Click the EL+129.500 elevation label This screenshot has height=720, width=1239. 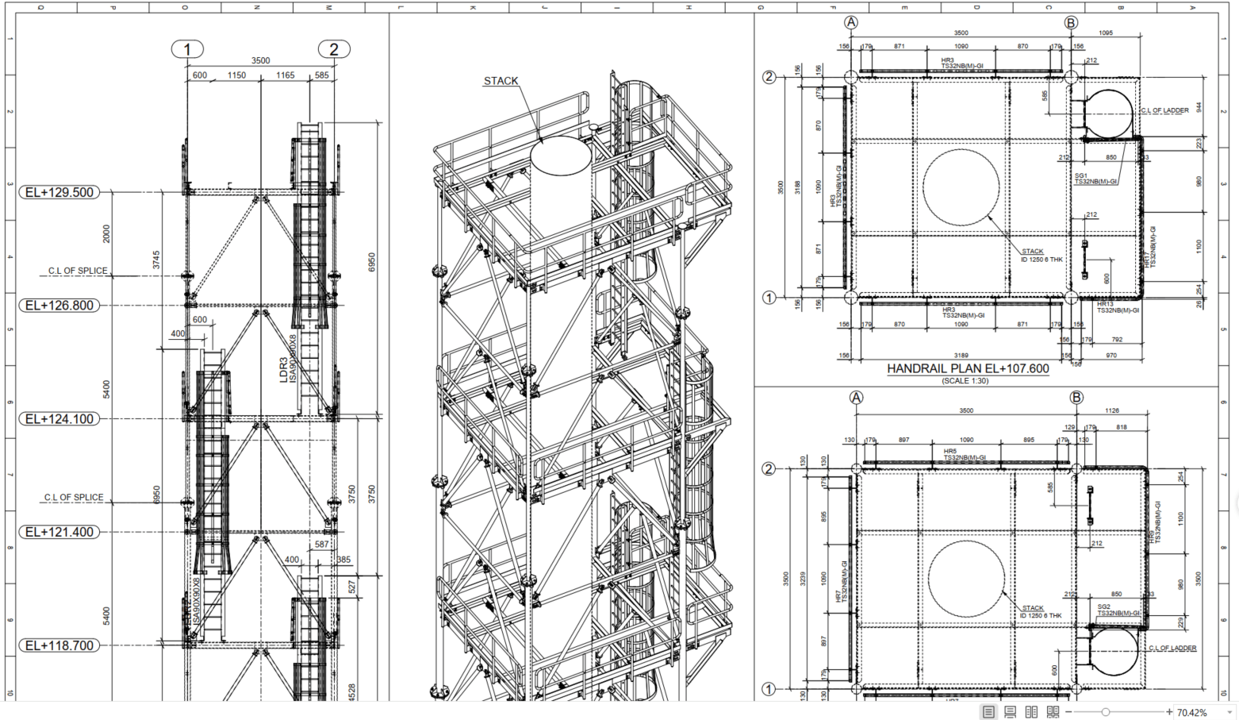pos(59,192)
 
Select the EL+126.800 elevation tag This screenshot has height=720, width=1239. pos(59,306)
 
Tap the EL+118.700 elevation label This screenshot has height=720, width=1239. pos(59,645)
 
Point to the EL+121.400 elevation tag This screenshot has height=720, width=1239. pos(59,532)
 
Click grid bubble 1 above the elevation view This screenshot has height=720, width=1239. pos(187,49)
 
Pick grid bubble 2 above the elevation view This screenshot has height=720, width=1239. pos(334,49)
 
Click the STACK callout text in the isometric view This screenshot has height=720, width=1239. pos(501,81)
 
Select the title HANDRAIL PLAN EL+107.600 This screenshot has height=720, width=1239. pos(968,369)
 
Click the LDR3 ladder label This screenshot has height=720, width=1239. pos(284,370)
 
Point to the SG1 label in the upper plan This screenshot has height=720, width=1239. pos(1081,176)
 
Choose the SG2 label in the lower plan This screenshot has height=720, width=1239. pos(1104,607)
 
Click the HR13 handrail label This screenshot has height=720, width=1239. pos(1106,304)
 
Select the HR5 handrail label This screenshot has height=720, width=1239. pos(950,452)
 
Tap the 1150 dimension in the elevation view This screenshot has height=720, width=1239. pos(236,75)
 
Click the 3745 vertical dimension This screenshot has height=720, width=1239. pos(156,260)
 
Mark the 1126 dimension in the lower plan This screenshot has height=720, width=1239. pos(1112,410)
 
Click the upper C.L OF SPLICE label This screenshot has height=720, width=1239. pos(77,271)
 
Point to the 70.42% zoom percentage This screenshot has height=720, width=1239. pos(1191,712)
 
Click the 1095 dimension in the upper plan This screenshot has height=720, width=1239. pos(1106,33)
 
